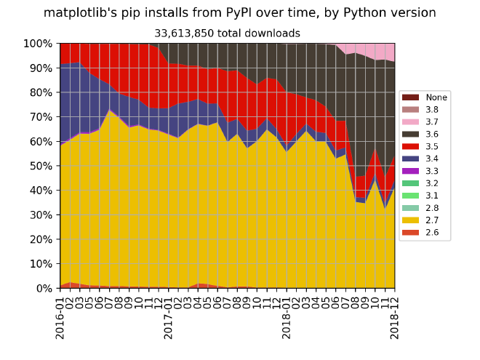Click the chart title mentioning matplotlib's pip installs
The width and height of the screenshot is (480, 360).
point(240,13)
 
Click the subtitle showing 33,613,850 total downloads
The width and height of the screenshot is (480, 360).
point(227,33)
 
